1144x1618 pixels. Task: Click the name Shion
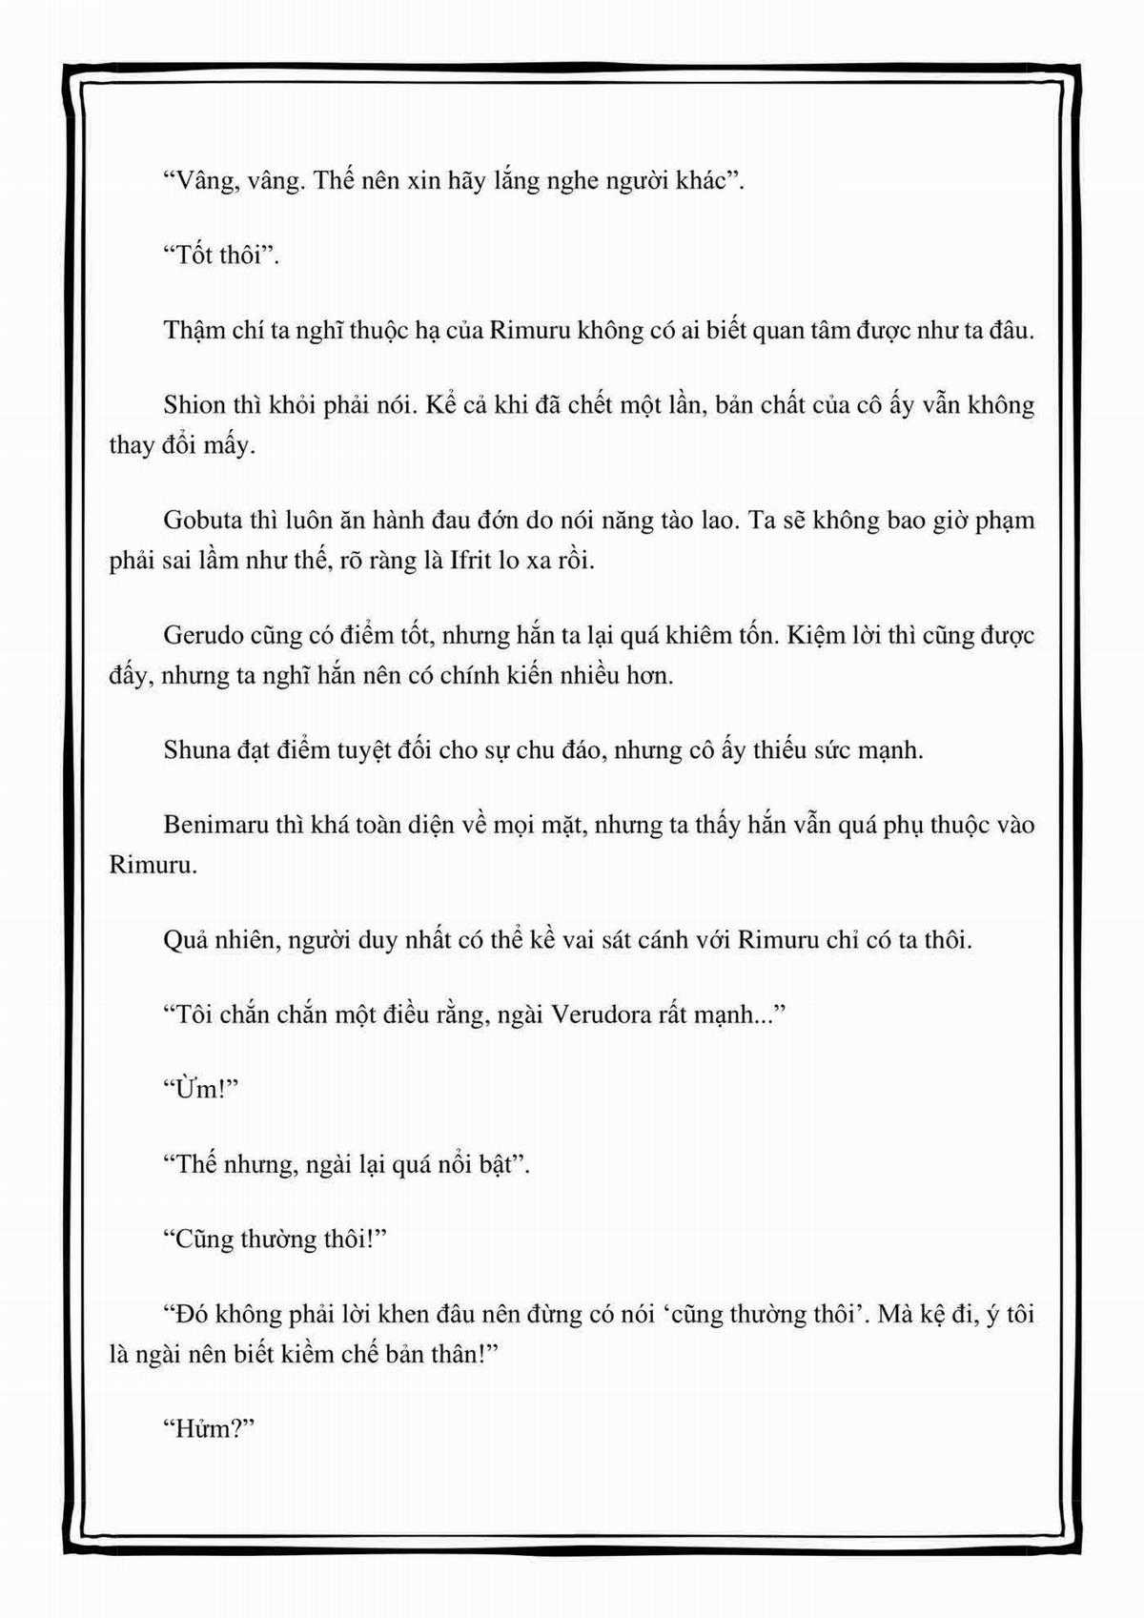(194, 405)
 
